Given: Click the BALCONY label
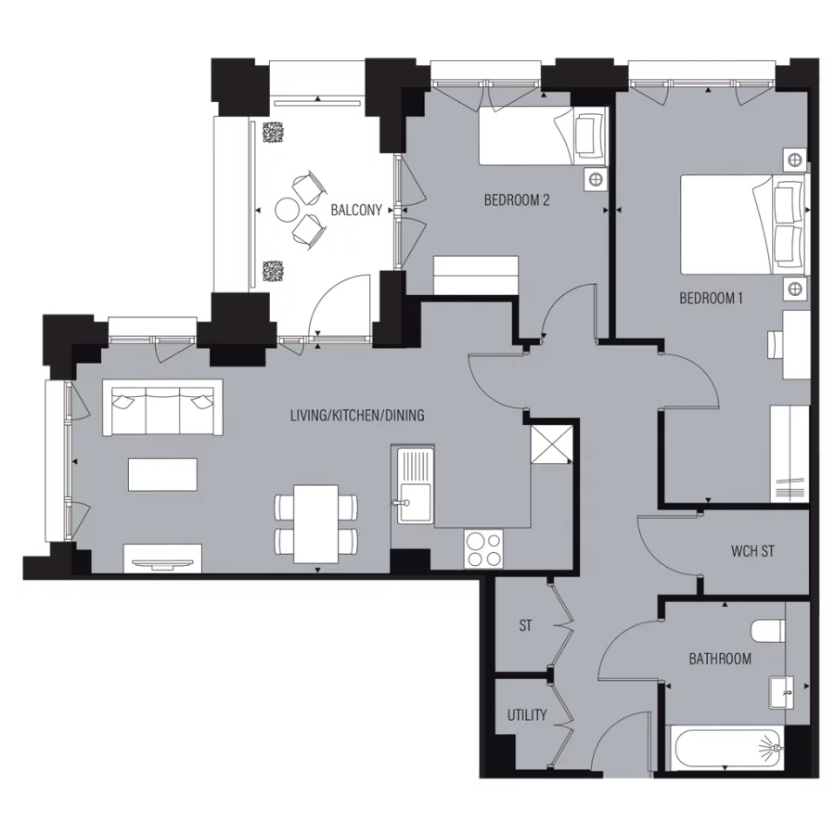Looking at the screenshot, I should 356,211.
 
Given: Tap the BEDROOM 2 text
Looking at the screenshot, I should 518,199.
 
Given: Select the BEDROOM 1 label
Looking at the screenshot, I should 712,299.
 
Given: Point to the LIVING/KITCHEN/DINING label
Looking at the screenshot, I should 357,415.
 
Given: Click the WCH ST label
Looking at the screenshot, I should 752,551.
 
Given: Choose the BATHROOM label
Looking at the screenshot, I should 719,659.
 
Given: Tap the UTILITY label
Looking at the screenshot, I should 526,715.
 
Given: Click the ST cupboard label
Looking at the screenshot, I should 525,626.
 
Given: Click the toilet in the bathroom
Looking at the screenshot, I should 769,631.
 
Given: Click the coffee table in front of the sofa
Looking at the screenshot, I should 163,475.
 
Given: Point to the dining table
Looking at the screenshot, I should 315,523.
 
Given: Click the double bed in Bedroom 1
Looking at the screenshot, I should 742,224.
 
